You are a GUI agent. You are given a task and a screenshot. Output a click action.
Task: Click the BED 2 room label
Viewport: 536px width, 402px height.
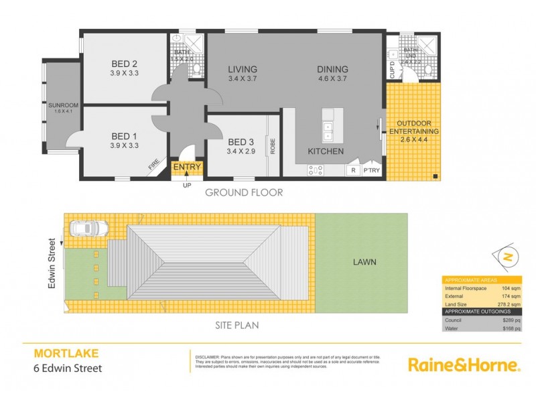125,64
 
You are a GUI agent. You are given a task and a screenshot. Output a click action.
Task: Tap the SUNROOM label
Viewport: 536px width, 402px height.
63,105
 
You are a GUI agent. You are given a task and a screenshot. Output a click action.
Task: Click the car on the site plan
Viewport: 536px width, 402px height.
89,229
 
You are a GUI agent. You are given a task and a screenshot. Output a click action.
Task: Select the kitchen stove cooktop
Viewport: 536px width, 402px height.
316,170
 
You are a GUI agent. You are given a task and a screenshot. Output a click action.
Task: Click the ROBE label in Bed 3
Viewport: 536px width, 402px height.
273,147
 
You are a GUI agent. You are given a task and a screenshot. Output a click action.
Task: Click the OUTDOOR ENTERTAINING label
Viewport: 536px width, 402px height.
417,127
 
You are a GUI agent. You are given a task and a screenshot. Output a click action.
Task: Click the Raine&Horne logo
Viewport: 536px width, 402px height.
464,365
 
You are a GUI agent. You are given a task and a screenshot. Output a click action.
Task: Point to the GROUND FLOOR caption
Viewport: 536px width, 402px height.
243,192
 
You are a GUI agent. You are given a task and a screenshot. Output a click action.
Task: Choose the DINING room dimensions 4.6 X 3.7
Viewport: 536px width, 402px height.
333,78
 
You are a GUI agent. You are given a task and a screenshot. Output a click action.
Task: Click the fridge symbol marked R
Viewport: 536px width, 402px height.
352,171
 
